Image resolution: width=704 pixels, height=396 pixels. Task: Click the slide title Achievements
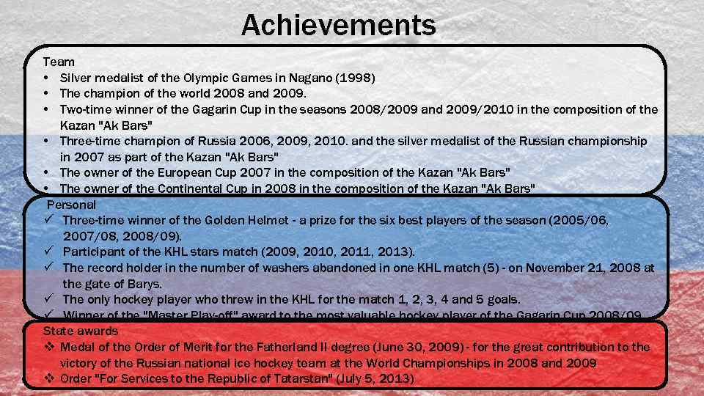(338, 26)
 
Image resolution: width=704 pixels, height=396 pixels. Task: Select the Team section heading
(58, 62)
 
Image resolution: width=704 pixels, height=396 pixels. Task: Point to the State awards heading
(80, 331)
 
